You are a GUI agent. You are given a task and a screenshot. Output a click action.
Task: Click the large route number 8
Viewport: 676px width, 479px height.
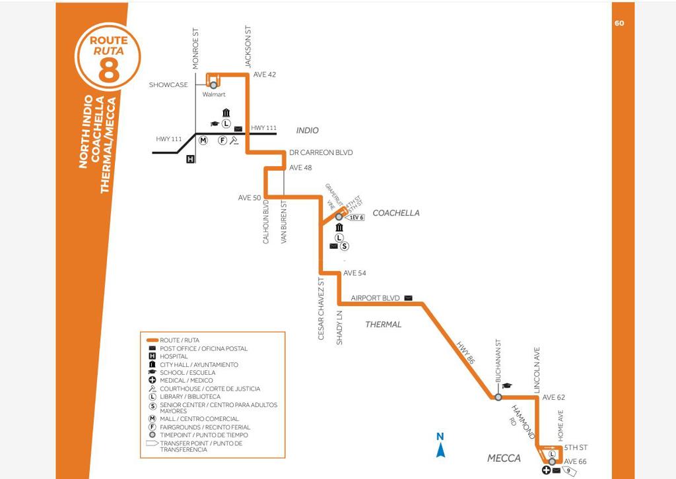109,69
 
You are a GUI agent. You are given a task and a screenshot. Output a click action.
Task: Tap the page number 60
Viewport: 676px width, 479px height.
619,23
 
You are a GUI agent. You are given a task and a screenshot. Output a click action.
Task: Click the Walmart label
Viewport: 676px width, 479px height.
214,95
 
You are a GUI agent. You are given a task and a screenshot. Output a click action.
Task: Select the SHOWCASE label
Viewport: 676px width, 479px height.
168,84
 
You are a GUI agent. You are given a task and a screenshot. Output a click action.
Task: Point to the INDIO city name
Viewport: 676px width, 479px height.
307,131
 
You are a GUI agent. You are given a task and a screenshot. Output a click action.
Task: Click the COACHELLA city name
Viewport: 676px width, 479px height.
396,213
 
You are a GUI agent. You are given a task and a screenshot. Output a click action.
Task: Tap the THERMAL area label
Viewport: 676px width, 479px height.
384,325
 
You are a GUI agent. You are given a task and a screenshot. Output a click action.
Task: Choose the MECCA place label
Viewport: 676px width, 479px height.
504,459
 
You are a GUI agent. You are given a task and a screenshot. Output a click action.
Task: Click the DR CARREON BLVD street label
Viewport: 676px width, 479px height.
321,152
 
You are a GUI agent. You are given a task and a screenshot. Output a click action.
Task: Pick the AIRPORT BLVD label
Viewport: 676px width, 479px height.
375,298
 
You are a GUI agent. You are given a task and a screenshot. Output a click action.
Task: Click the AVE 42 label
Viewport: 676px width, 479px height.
265,75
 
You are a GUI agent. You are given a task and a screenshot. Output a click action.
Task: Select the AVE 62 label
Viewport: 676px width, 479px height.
554,398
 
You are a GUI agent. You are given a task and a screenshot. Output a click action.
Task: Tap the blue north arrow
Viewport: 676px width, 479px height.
440,446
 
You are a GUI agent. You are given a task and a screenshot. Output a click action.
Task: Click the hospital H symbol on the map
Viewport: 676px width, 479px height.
191,159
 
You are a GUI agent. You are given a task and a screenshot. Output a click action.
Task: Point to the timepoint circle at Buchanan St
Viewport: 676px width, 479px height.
498,397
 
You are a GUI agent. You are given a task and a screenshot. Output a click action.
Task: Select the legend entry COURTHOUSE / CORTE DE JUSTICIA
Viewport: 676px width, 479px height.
209,389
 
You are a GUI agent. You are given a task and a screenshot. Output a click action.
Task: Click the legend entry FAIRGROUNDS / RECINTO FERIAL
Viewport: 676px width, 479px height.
205,427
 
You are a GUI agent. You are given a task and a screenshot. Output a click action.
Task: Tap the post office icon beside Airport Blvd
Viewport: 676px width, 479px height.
408,298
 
